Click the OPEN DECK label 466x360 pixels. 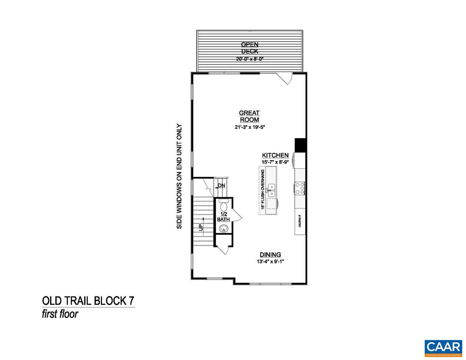tap(250, 48)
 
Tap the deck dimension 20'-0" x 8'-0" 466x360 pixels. tap(250, 59)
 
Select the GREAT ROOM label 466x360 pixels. tap(250, 116)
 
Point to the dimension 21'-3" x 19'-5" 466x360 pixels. tap(250, 127)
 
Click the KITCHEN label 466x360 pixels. tap(275, 155)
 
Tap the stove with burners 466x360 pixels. tap(300, 188)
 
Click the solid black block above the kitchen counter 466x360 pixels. tap(301, 145)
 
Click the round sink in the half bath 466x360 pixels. tap(224, 228)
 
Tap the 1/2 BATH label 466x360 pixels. tap(223, 217)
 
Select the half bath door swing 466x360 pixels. tap(236, 215)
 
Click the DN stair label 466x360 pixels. tap(221, 185)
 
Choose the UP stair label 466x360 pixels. tap(200, 227)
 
